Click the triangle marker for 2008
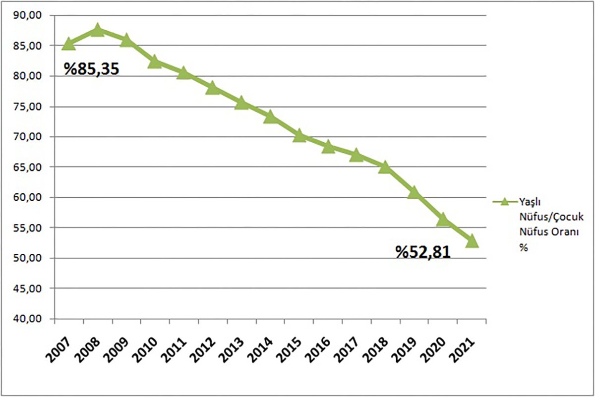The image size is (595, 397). [x=98, y=30]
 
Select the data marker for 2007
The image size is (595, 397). [x=69, y=44]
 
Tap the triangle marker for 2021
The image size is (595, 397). [x=472, y=241]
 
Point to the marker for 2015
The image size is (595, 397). [x=299, y=135]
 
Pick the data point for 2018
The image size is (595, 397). [x=385, y=167]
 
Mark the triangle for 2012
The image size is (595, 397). [x=213, y=88]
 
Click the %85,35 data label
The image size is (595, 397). [x=91, y=68]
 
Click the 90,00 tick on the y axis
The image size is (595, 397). [x=29, y=15]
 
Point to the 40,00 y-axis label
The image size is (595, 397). [x=29, y=319]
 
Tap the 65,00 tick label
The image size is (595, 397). [x=29, y=167]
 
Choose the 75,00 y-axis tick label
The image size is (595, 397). [x=29, y=107]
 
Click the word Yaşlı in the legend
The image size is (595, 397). [x=529, y=202]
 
